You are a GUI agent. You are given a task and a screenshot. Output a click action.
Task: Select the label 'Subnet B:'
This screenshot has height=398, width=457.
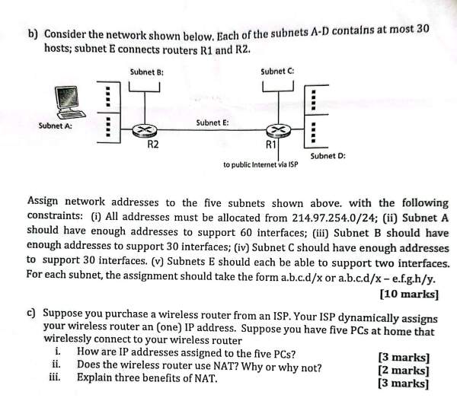coord(147,72)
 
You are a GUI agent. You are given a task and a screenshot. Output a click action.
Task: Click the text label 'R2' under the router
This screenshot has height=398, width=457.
coord(152,144)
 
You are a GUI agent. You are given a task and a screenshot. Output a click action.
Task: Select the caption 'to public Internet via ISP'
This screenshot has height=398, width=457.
coord(260,164)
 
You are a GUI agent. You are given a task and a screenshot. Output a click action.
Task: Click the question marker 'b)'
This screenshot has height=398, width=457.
coord(33,34)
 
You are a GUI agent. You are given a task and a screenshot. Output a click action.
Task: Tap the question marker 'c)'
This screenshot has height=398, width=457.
coord(31,313)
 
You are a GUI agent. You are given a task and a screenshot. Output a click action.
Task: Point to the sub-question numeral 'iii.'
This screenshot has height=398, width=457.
coord(54,377)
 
